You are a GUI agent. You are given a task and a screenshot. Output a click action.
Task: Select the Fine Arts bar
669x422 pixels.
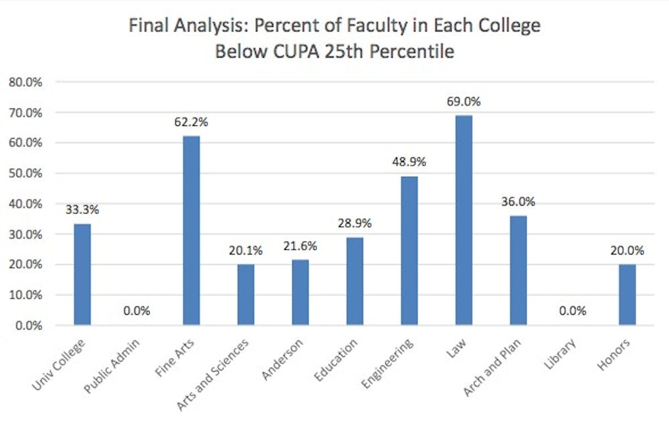pyautogui.click(x=190, y=230)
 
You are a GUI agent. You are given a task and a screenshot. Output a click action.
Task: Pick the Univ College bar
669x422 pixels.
pyautogui.click(x=82, y=275)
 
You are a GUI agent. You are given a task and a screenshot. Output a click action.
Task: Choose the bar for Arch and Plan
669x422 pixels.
pyautogui.click(x=518, y=271)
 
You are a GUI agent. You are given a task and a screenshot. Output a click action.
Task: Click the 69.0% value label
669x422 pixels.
pyautogui.click(x=464, y=102)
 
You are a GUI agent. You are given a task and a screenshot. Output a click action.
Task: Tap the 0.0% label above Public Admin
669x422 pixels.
pyautogui.click(x=136, y=311)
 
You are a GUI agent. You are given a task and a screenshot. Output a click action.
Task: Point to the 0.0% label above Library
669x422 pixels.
pyautogui.click(x=572, y=311)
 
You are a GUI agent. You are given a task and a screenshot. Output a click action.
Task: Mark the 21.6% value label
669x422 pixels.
pyautogui.click(x=300, y=246)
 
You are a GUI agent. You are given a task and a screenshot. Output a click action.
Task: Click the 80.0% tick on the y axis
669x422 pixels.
pyautogui.click(x=25, y=82)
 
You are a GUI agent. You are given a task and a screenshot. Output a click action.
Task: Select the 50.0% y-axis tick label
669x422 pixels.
pyautogui.click(x=25, y=173)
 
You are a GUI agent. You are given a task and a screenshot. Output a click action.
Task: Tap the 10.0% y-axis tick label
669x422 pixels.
pyautogui.click(x=25, y=295)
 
